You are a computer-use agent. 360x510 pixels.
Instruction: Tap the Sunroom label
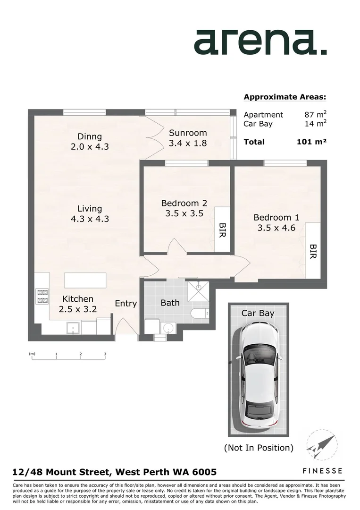tap(188, 133)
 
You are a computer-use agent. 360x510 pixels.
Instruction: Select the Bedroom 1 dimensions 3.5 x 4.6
tap(276, 228)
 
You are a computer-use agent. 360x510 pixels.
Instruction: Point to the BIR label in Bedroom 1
tap(312, 251)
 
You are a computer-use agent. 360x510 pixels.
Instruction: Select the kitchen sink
tap(73, 327)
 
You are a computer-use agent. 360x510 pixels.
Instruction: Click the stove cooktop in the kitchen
tap(42, 296)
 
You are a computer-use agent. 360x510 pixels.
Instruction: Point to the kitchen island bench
tap(85, 280)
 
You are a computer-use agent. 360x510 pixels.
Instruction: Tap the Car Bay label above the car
tap(258, 313)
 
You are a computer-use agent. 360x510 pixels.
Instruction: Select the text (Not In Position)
tap(258, 447)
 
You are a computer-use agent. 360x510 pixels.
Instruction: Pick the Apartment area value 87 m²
tap(316, 114)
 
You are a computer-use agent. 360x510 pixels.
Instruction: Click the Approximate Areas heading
tap(285, 97)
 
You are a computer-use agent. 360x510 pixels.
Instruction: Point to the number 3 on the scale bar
tap(105, 354)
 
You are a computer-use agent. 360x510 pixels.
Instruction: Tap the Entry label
tap(126, 304)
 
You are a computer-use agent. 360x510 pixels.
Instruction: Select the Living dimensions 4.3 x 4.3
tap(90, 219)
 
